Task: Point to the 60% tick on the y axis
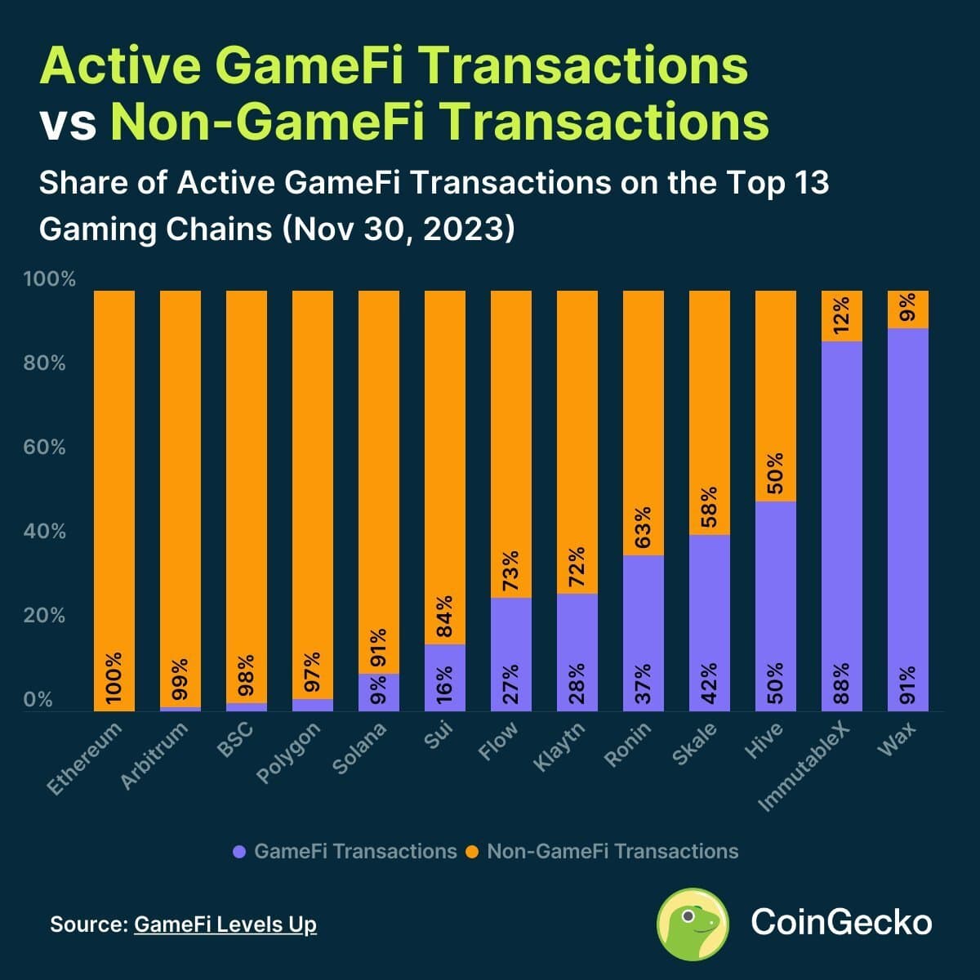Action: pyautogui.click(x=44, y=448)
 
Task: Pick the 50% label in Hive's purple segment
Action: pyautogui.click(x=775, y=683)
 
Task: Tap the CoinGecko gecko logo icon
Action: pyautogui.click(x=693, y=924)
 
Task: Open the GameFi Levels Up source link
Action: pyautogui.click(x=225, y=924)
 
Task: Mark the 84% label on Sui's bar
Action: pyautogui.click(x=444, y=618)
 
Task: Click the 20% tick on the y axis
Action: pyautogui.click(x=44, y=616)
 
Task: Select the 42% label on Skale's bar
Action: pyautogui.click(x=709, y=683)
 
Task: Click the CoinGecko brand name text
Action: pyautogui.click(x=841, y=922)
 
